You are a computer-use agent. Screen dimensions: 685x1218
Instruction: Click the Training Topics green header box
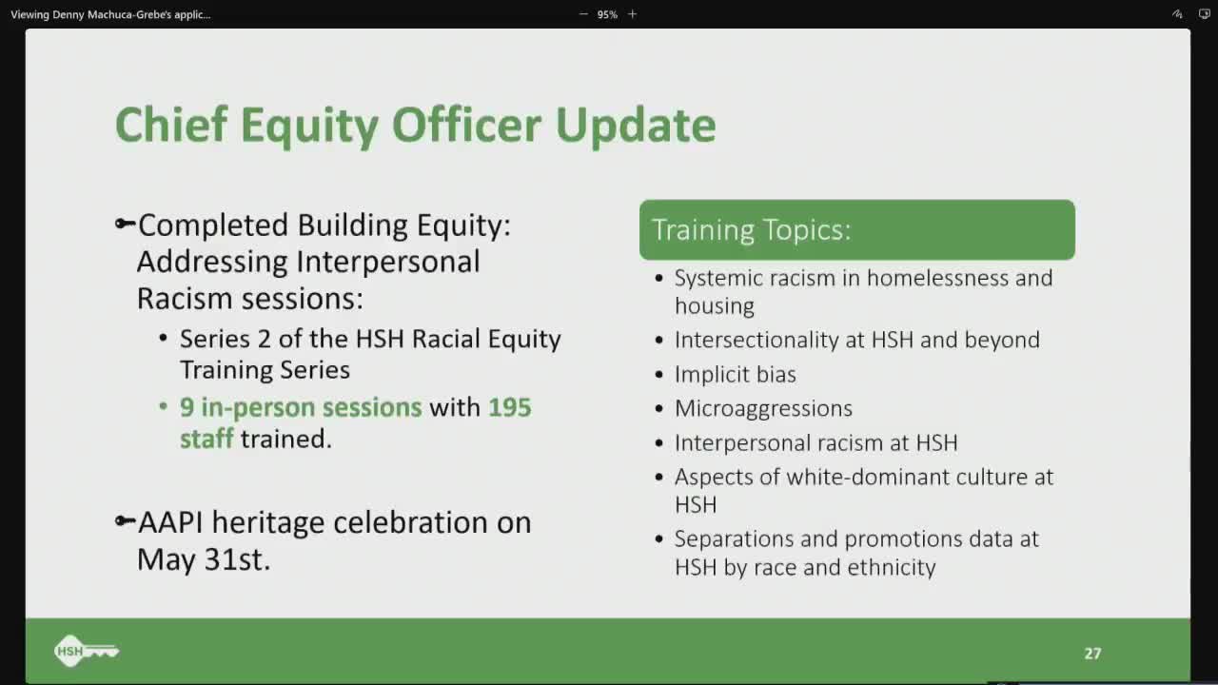click(856, 229)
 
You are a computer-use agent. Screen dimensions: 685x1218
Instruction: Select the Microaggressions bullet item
click(763, 408)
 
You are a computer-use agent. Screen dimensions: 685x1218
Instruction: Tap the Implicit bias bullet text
click(735, 374)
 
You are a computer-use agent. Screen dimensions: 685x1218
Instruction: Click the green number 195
click(509, 407)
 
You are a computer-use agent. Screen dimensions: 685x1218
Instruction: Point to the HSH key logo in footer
click(86, 652)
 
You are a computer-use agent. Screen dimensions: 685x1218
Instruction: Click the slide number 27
click(1092, 654)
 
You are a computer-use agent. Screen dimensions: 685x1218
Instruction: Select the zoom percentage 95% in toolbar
click(607, 14)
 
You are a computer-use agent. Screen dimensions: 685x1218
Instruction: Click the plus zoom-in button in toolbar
click(632, 14)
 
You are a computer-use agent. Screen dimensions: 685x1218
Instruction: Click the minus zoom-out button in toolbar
click(583, 14)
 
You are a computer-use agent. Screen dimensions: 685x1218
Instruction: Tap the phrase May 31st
click(204, 559)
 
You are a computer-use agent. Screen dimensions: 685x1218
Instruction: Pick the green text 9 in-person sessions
click(301, 407)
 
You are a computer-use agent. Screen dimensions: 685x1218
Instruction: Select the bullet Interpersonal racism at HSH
click(815, 442)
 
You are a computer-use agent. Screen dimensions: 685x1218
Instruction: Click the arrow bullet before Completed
click(125, 225)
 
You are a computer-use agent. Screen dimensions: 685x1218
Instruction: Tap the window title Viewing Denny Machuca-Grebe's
click(110, 14)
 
